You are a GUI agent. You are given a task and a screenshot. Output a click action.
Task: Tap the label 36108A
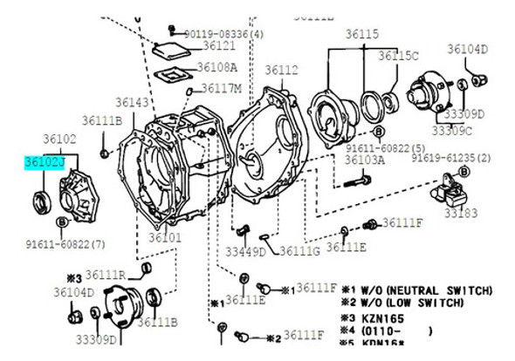point(216,66)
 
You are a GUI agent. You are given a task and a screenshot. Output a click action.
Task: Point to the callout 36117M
point(223,88)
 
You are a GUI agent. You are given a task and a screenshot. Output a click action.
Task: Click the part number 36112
point(281,70)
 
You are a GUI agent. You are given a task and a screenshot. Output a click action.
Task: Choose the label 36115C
point(398,56)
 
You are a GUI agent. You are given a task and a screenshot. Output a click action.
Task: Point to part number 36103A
point(365,160)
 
